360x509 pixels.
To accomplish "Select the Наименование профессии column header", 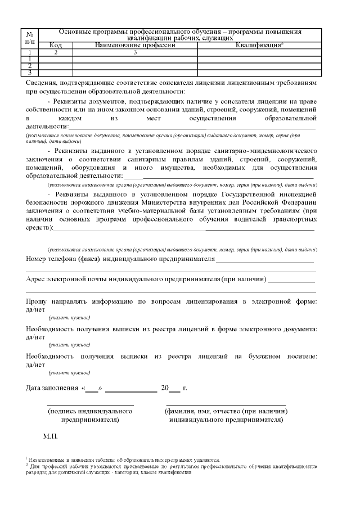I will pyautogui.click(x=135, y=45).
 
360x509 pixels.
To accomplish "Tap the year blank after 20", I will pyautogui.click(x=174, y=389).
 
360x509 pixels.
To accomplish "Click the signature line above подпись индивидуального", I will pyautogui.click(x=89, y=404).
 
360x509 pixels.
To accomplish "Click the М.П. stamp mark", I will pyautogui.click(x=50, y=436).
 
